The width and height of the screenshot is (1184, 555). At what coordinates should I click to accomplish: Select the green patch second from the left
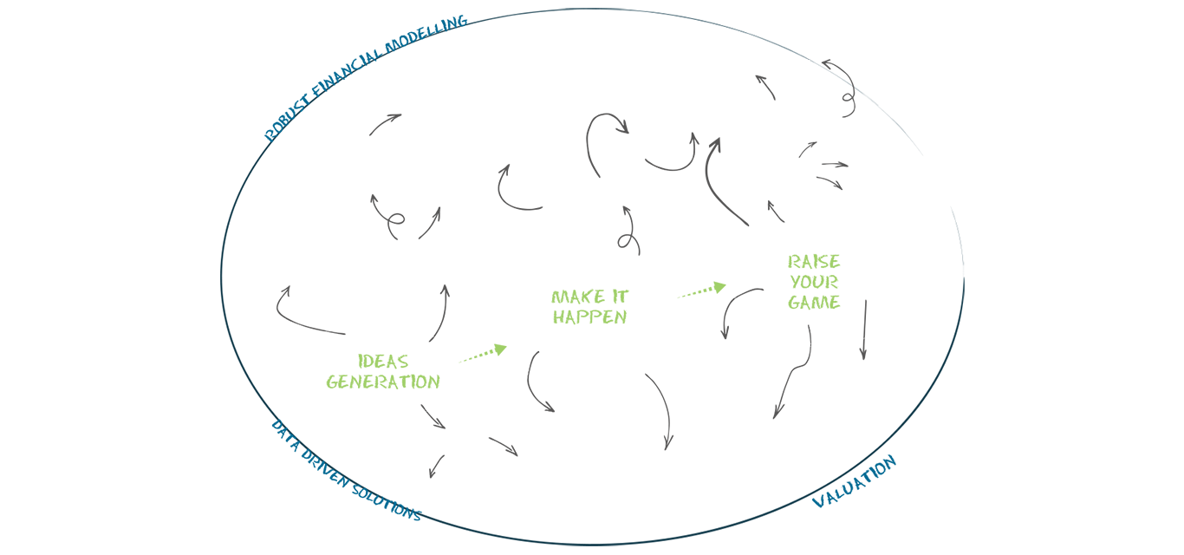[x=485, y=352]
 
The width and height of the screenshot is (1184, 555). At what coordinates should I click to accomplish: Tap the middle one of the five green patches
[x=589, y=304]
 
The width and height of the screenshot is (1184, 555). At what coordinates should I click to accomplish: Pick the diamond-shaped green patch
[x=699, y=282]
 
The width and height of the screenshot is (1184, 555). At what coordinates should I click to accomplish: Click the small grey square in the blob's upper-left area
[x=379, y=113]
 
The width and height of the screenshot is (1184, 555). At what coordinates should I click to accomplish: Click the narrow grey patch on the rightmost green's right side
[x=862, y=312]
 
